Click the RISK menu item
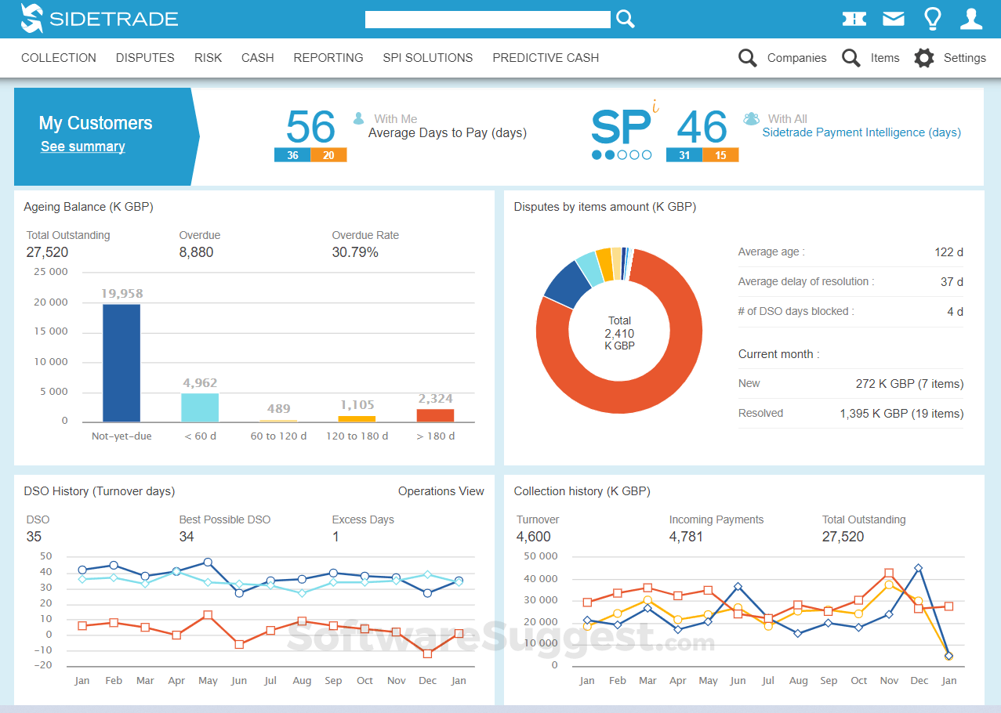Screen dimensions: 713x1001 208,58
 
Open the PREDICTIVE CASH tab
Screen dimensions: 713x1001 546,58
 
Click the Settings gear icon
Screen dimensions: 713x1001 924,58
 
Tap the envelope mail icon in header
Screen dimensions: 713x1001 894,19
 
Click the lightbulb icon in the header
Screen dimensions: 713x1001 932,19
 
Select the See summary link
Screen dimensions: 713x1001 82,147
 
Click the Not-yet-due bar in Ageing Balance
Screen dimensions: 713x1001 121,364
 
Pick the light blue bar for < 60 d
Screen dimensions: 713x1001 200,407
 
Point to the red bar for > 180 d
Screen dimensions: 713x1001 435,416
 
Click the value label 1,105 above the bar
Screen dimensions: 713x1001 357,405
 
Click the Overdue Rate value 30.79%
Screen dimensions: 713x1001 355,252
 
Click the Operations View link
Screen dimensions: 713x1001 441,491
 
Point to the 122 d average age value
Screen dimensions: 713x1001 948,252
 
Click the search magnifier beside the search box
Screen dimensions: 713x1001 625,19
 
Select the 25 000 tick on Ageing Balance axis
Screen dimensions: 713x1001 50,272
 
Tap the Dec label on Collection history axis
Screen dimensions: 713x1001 919,681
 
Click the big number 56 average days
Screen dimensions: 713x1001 310,127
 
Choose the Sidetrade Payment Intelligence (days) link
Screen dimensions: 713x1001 861,132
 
